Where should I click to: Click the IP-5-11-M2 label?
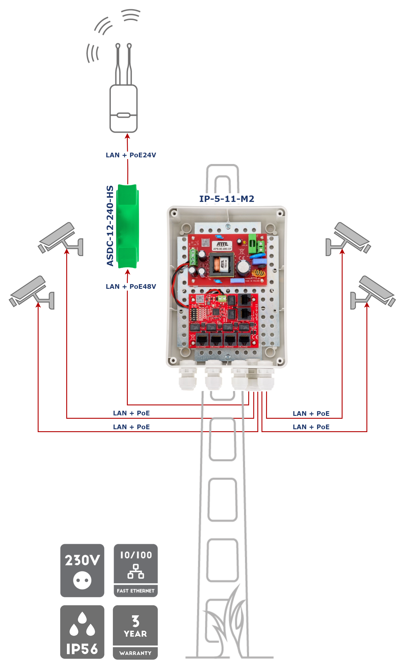[227, 199]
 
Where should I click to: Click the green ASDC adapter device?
[127, 226]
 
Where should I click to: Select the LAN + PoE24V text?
[131, 155]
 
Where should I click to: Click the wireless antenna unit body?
[123, 109]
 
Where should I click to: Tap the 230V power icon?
[82, 570]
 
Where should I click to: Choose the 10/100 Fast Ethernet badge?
[136, 570]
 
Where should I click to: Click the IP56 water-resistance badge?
[82, 632]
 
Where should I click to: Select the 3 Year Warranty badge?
[135, 632]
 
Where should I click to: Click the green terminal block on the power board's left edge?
[193, 257]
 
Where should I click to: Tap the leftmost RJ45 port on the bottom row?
[202, 339]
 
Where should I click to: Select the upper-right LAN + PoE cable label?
[311, 414]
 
